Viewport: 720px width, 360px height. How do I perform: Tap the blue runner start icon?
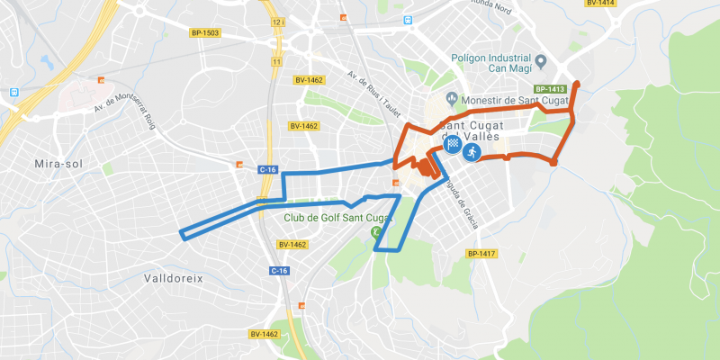click(x=470, y=152)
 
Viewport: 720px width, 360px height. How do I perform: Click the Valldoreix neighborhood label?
click(x=174, y=279)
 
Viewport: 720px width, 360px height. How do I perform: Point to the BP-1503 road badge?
click(x=205, y=33)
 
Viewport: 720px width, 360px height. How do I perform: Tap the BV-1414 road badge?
click(x=600, y=4)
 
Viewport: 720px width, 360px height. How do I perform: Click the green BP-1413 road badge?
click(x=549, y=89)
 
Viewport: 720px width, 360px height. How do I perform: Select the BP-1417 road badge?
click(x=481, y=254)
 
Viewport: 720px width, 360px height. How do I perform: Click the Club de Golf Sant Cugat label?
click(x=339, y=218)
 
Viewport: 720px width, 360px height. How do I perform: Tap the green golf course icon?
click(x=376, y=233)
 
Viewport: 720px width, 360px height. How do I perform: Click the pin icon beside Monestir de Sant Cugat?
click(x=452, y=99)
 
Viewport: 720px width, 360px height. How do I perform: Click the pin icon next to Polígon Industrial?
click(x=542, y=63)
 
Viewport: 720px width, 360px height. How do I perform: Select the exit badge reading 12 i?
click(x=276, y=19)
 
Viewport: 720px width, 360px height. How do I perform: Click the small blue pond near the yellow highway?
click(x=46, y=61)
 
